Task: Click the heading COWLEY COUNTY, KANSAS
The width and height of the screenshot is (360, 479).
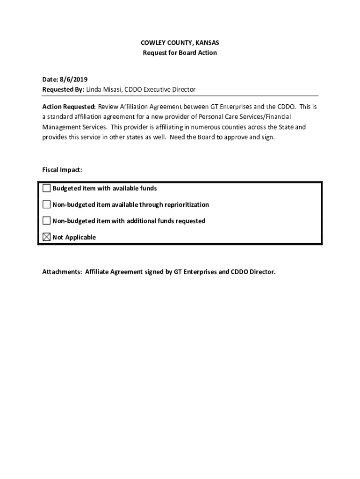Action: [180, 43]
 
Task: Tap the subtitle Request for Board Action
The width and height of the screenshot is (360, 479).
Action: [180, 53]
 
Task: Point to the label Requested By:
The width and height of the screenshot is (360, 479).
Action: [63, 89]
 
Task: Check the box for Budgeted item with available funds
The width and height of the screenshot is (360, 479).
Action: [47, 188]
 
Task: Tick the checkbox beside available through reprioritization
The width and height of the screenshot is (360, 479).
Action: [47, 204]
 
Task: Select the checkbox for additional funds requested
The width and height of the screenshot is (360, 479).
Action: [47, 221]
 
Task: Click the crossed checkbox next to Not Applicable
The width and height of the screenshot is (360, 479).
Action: [47, 237]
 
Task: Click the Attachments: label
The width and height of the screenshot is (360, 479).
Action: [62, 271]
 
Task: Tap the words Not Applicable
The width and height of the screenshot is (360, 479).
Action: [74, 238]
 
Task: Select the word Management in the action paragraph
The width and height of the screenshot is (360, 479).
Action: [59, 127]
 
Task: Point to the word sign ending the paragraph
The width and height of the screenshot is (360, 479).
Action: [268, 138]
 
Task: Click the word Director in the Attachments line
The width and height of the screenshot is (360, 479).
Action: [263, 271]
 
